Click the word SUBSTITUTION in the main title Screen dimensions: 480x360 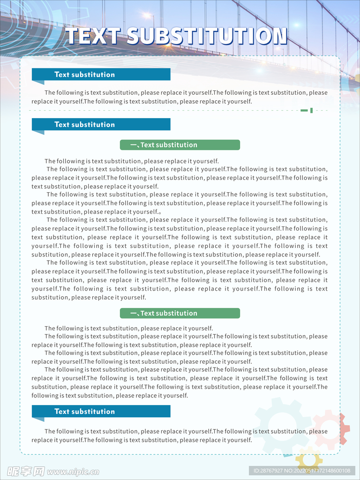click(207, 37)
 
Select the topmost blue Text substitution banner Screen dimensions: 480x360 click(101, 74)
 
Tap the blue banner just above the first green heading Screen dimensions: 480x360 click(101, 124)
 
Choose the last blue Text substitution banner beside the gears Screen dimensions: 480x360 click(101, 411)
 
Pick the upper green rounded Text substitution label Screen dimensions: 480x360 click(180, 145)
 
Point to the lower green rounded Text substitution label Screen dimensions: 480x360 click(180, 313)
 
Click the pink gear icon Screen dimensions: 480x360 click(330, 429)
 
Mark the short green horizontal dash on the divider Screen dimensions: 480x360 click(304, 111)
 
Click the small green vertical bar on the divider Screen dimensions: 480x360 click(311, 111)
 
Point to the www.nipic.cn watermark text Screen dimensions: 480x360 click(73, 472)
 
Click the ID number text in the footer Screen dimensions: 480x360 click(302, 471)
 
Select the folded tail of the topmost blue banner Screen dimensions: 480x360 click(38, 82)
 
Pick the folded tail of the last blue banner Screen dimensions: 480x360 click(38, 419)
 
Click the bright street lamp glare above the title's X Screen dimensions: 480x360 click(151, 17)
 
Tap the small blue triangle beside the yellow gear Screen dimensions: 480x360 click(287, 455)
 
